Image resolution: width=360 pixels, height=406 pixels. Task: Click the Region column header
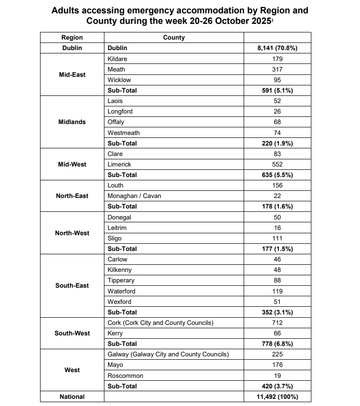(72, 37)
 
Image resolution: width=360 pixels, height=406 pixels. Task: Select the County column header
(174, 37)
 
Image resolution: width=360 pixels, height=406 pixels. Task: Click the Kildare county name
(117, 59)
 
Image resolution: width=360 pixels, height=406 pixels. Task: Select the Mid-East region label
(72, 74)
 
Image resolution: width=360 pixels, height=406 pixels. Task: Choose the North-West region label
(72, 233)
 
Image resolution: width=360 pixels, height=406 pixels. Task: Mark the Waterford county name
(122, 291)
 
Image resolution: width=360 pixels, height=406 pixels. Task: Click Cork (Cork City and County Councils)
(160, 323)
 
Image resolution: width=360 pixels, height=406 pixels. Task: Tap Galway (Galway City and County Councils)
(168, 354)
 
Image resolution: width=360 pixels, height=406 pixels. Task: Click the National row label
(72, 396)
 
